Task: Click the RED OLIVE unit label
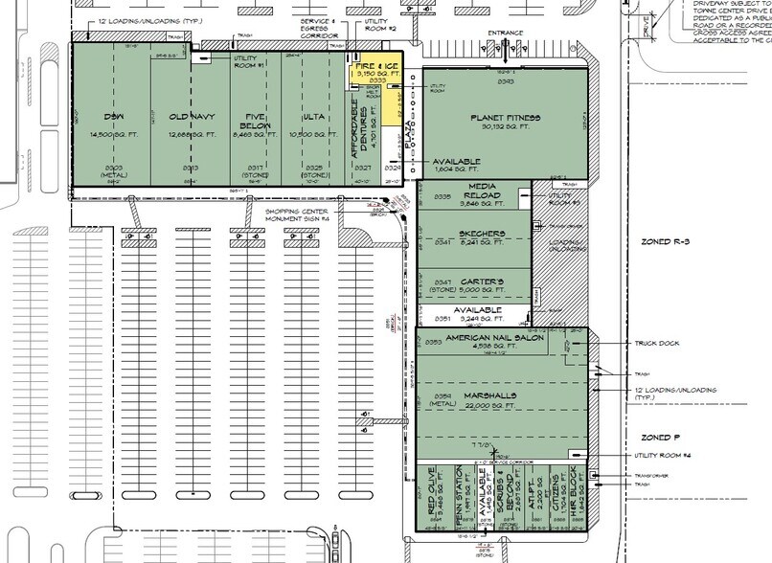pyautogui.click(x=442, y=496)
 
